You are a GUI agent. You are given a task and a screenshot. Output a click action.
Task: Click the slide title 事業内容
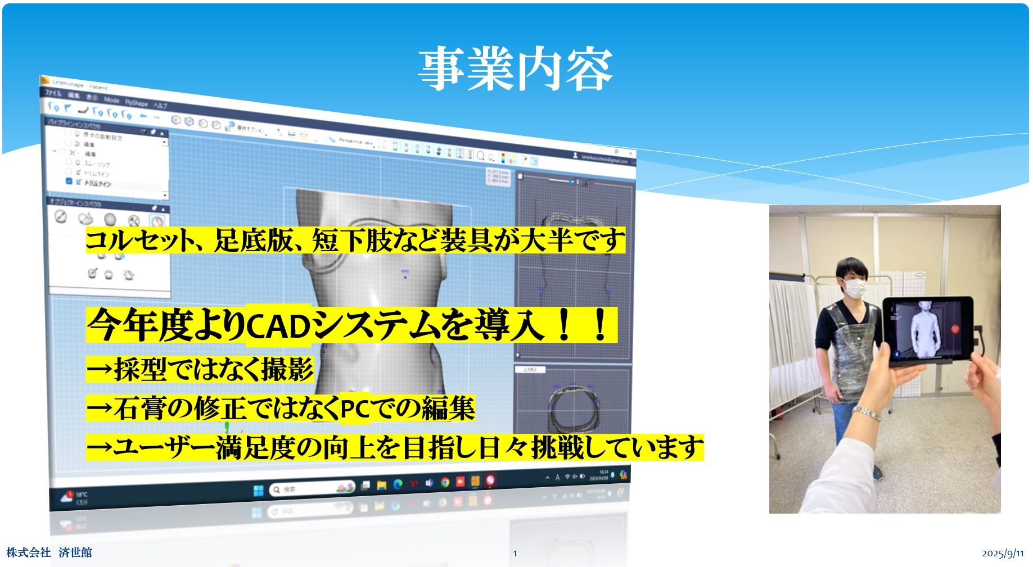pos(515,69)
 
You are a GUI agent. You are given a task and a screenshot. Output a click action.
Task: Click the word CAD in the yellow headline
pos(278,326)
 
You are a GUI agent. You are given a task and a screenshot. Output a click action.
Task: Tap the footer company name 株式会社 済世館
pos(49,553)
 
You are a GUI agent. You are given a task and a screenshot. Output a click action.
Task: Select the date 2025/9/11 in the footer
pos(1003,554)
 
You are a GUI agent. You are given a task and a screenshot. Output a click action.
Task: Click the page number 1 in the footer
pos(515,554)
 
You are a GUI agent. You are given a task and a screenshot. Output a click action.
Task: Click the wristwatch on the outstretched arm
pos(867,414)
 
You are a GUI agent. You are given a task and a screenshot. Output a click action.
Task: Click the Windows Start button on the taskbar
pos(258,489)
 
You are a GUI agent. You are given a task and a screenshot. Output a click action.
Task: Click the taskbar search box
pos(309,489)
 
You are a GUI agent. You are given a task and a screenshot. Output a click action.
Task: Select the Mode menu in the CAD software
pos(112,100)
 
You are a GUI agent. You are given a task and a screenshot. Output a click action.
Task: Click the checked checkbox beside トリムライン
pos(69,181)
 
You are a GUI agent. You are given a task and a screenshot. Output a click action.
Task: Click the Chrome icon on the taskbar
pos(445,483)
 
